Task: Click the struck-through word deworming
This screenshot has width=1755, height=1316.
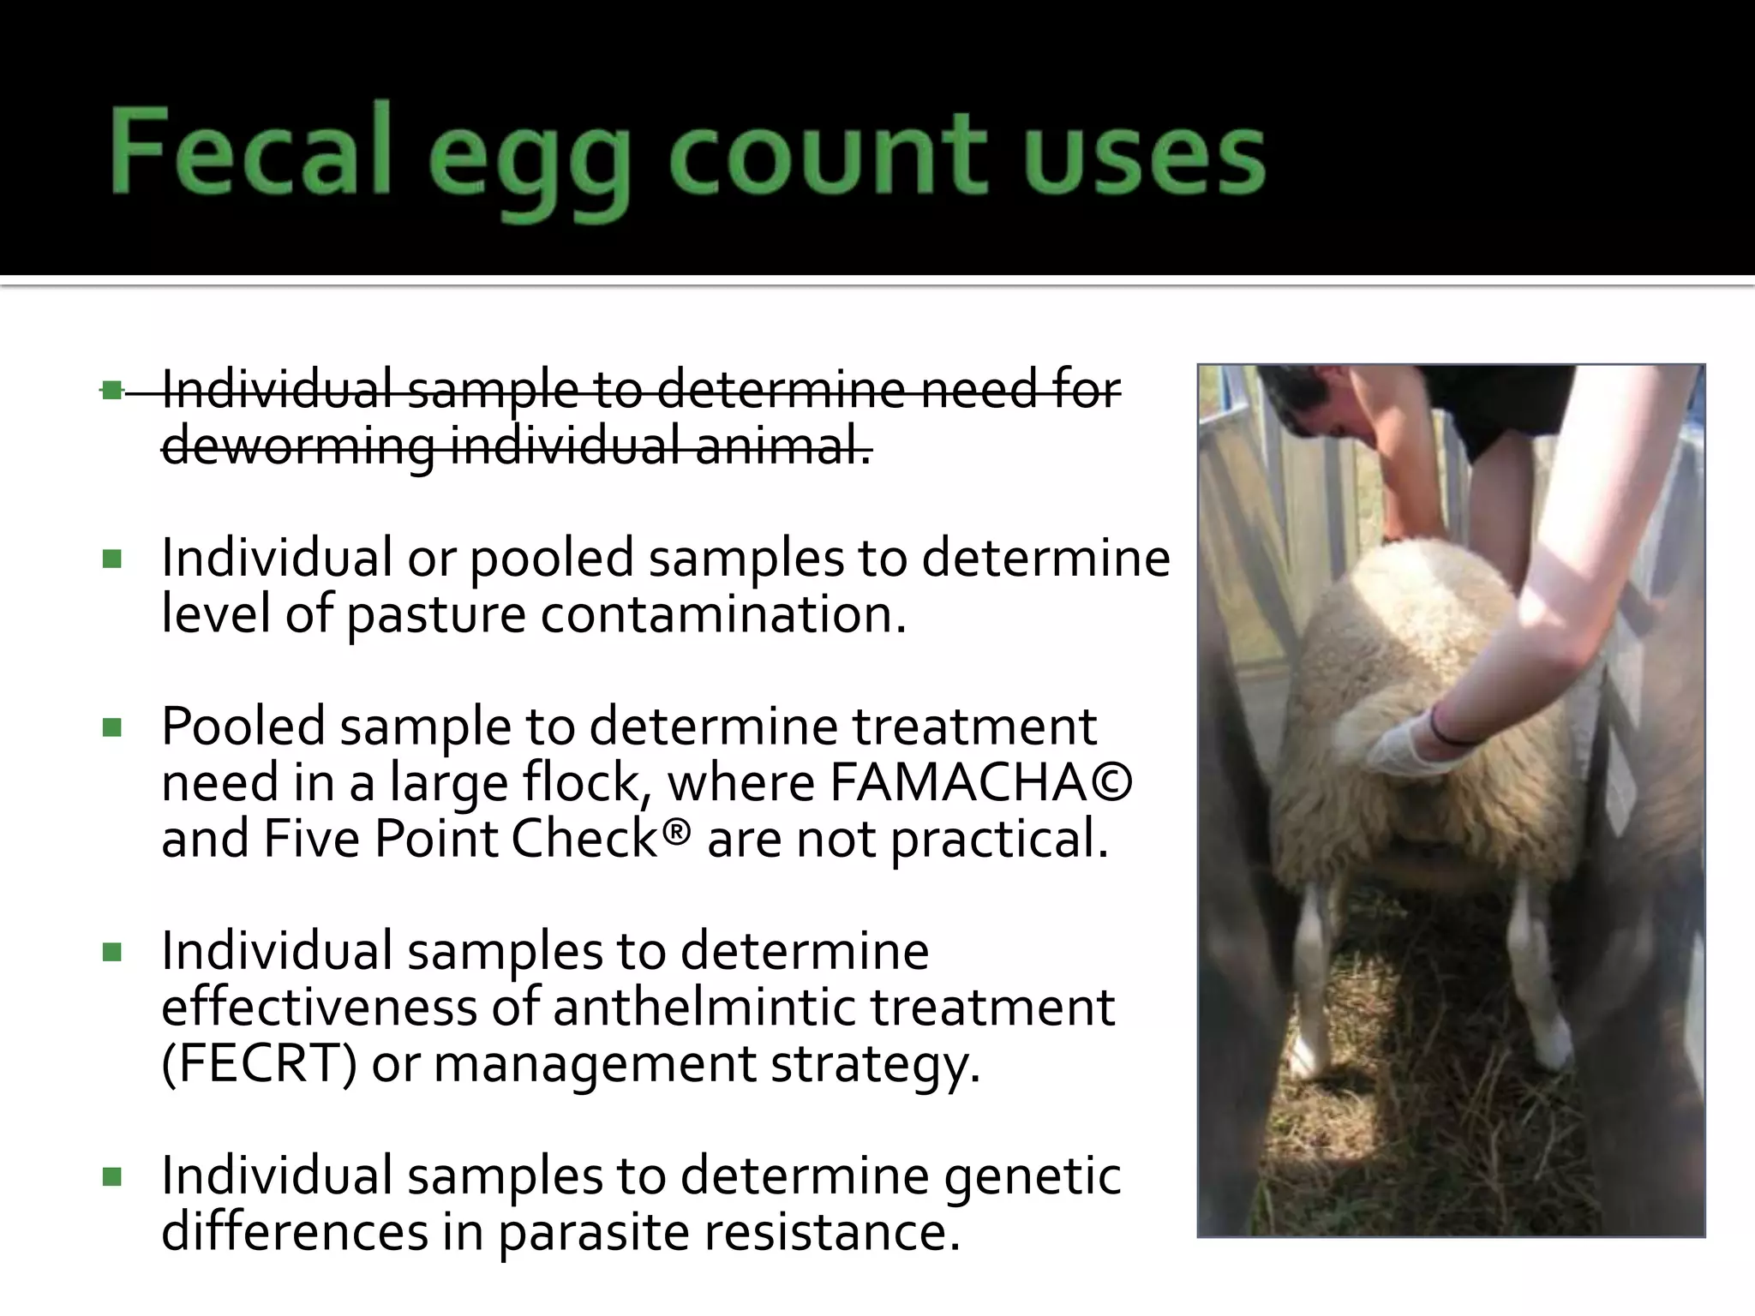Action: tap(298, 447)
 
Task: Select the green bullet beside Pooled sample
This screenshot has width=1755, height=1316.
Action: tap(111, 728)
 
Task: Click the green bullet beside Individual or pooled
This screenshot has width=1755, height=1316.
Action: tap(111, 560)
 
